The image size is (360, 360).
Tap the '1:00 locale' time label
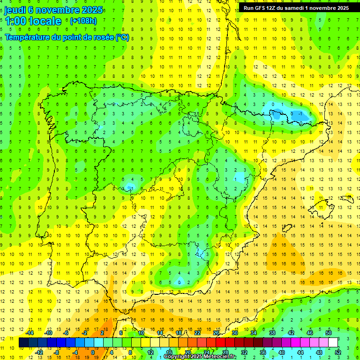33,21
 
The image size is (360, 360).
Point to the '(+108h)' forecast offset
83,21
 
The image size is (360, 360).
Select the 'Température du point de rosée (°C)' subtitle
67,37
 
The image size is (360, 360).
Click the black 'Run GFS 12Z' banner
296,8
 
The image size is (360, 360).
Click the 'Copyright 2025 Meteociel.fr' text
200,356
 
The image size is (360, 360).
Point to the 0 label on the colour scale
92,352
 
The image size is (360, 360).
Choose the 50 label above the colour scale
328,333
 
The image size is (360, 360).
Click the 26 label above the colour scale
216,333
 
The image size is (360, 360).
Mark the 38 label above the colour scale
272,333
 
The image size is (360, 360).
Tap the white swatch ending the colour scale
333,343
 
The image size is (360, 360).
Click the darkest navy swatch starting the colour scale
23,343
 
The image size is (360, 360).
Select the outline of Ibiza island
286,228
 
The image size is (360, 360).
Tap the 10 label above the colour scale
141,333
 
